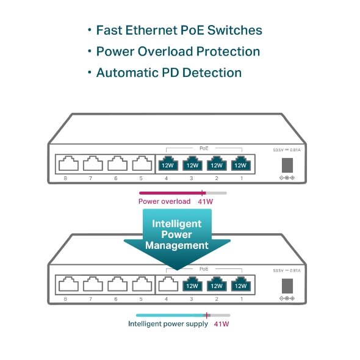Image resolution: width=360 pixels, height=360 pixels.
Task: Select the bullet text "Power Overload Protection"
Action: [178, 51]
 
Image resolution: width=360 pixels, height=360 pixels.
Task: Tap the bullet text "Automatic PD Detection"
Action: [168, 73]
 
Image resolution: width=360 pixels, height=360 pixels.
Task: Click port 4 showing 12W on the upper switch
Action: [167, 164]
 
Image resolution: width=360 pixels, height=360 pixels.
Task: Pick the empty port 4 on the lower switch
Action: [167, 284]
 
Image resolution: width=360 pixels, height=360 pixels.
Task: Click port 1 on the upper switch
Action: [240, 164]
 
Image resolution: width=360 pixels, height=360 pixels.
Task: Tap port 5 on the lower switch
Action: [142, 284]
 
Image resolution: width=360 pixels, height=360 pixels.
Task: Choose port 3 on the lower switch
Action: [192, 284]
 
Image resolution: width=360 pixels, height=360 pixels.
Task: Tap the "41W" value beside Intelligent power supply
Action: [221, 324]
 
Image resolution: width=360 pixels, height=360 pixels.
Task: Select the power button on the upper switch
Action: [286, 165]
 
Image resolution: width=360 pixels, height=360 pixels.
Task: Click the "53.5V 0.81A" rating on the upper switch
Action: [286, 149]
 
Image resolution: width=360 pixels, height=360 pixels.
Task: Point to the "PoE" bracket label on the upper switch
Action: [204, 148]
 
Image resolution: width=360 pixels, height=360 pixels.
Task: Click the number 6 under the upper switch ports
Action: [116, 178]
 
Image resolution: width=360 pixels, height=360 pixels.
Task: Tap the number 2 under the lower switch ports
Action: [216, 298]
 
